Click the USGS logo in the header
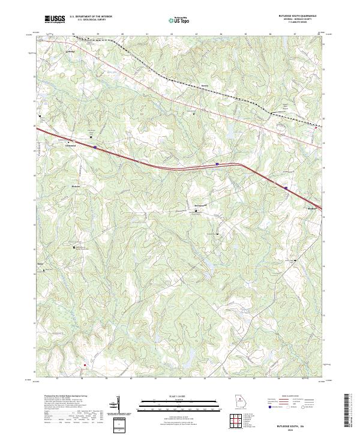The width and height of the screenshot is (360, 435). pyautogui.click(x=55, y=19)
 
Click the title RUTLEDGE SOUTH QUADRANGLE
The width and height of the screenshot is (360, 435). pyautogui.click(x=304, y=15)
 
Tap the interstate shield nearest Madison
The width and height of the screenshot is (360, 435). pyautogui.click(x=286, y=188)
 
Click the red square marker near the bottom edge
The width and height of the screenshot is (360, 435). pyautogui.click(x=85, y=364)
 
